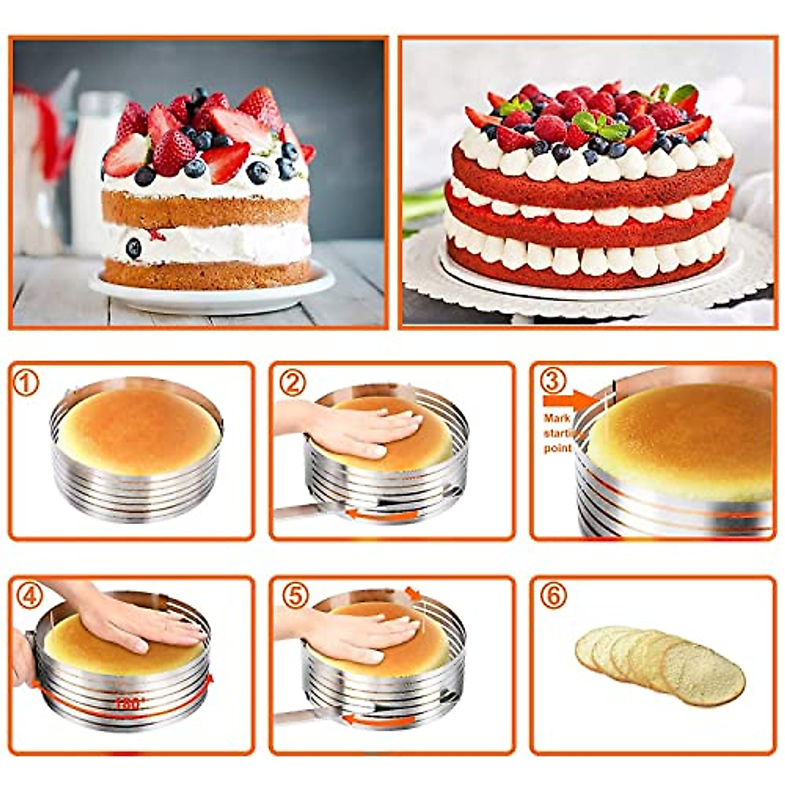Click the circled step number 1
(27, 383)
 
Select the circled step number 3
(553, 379)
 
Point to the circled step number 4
(28, 596)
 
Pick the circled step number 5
(294, 596)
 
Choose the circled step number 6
(553, 596)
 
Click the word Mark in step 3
(557, 418)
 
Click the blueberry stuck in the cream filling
(133, 248)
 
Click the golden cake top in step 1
(138, 428)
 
